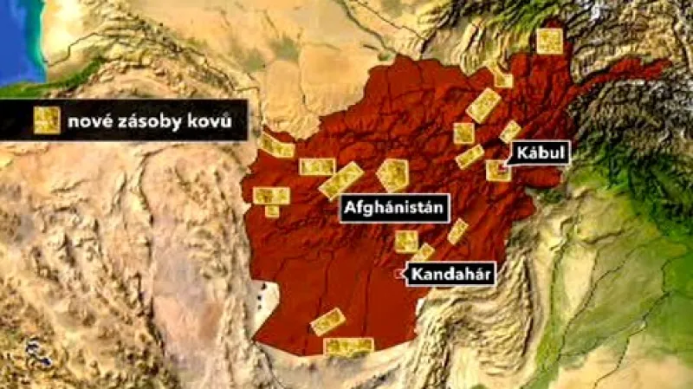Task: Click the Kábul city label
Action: (x=538, y=152)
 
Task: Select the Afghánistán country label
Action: (x=393, y=208)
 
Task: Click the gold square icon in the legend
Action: (x=46, y=120)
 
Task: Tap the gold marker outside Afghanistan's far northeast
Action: (x=549, y=42)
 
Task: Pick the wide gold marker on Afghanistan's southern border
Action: (x=348, y=346)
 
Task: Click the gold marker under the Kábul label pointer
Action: (x=498, y=170)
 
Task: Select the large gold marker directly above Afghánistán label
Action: (x=392, y=174)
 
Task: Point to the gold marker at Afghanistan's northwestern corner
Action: (x=276, y=146)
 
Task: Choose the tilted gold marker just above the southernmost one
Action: (x=328, y=321)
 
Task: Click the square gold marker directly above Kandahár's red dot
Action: (x=405, y=241)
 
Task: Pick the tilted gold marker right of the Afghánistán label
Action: (x=457, y=230)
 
